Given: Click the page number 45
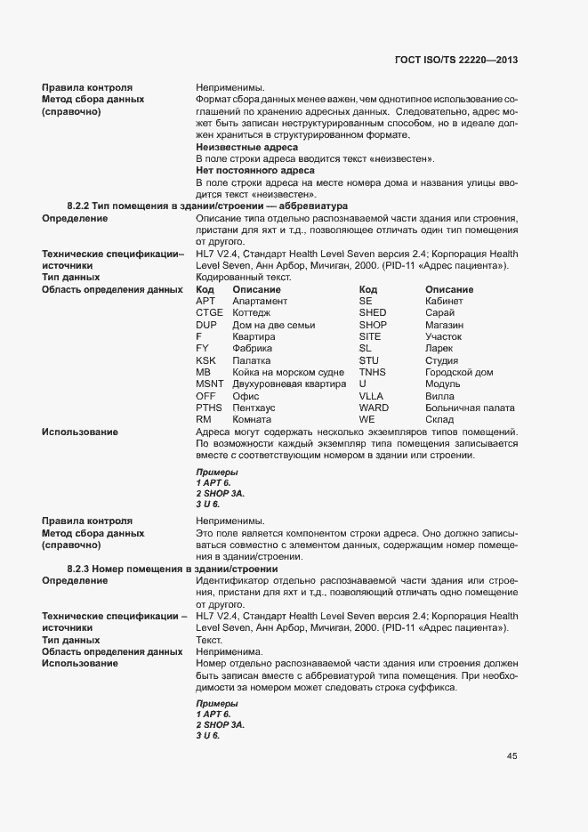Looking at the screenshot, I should (x=512, y=756).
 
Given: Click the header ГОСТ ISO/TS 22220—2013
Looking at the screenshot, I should (x=456, y=60).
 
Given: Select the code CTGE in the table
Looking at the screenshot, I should (x=209, y=313).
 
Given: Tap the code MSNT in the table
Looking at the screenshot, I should (x=210, y=384).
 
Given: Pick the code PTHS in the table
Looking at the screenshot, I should (x=209, y=408).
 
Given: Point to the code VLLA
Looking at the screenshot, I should (x=372, y=396).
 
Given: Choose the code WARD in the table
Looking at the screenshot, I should (x=374, y=408).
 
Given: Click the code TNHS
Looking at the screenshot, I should (x=373, y=372).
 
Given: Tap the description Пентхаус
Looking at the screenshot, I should (x=254, y=408).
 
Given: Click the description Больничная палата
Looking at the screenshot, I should (x=470, y=408).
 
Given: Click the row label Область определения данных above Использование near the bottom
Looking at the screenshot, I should (x=112, y=651).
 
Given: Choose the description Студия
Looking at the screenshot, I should (x=442, y=360).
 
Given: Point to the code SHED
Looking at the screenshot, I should (x=373, y=313).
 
